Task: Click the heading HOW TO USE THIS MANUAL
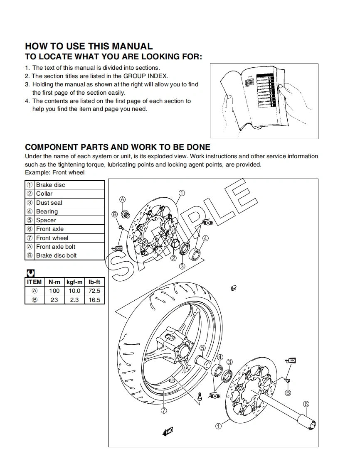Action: [89, 46]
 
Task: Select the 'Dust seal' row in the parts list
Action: [49, 203]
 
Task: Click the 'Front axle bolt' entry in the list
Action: [56, 247]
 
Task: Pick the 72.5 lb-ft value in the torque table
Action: [94, 291]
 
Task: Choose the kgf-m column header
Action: [74, 282]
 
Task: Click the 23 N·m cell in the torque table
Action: [54, 299]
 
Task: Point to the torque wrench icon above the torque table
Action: [30, 273]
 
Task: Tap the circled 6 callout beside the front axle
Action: [306, 404]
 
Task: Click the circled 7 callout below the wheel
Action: [164, 410]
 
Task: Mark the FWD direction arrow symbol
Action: [168, 432]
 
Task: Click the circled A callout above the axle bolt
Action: [123, 199]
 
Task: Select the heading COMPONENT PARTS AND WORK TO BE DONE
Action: [118, 147]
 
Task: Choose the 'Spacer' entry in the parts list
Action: [46, 220]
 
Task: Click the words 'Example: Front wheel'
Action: [54, 172]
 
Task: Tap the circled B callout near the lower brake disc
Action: [288, 392]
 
